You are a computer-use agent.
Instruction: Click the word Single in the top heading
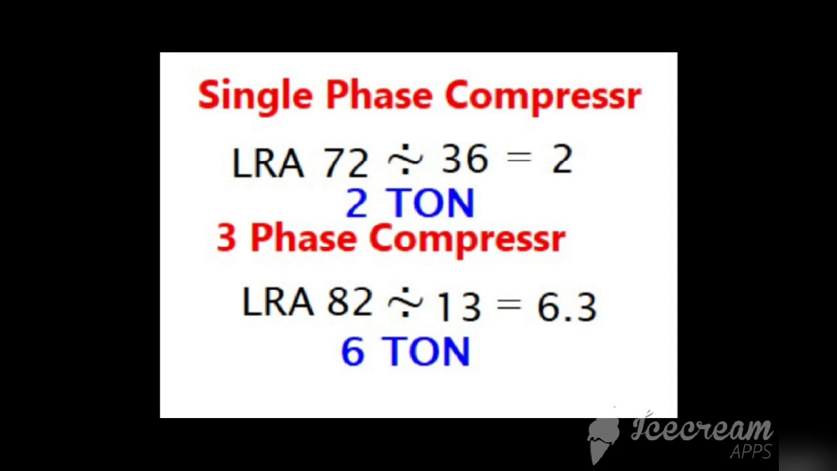[x=256, y=96]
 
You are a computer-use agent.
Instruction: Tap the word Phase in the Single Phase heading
[x=379, y=95]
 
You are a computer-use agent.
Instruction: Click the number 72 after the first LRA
[x=346, y=163]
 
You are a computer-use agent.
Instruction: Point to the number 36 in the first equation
[x=464, y=159]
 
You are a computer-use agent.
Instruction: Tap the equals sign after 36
[x=519, y=159]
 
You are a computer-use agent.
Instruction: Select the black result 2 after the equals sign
[x=562, y=160]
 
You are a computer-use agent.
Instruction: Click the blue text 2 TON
[x=409, y=203]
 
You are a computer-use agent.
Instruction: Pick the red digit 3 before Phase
[x=226, y=237]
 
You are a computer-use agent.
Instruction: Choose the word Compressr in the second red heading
[x=467, y=239]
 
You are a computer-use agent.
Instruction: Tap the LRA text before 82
[x=277, y=302]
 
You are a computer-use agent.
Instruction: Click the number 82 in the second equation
[x=350, y=302]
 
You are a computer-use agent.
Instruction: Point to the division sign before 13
[x=405, y=302]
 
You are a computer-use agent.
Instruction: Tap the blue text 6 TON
[x=405, y=351]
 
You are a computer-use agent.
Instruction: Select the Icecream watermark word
[x=702, y=429]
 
